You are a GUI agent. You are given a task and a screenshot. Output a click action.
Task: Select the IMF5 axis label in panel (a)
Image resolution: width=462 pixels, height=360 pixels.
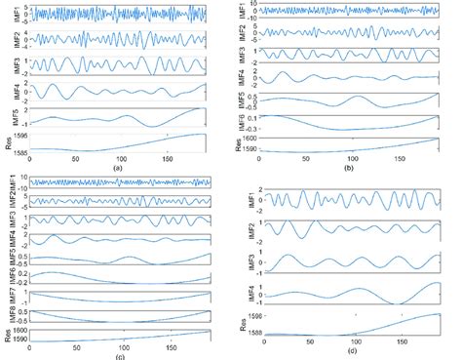click(7, 117)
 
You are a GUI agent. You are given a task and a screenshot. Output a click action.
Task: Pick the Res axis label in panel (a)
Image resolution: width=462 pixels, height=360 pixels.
click(7, 142)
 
